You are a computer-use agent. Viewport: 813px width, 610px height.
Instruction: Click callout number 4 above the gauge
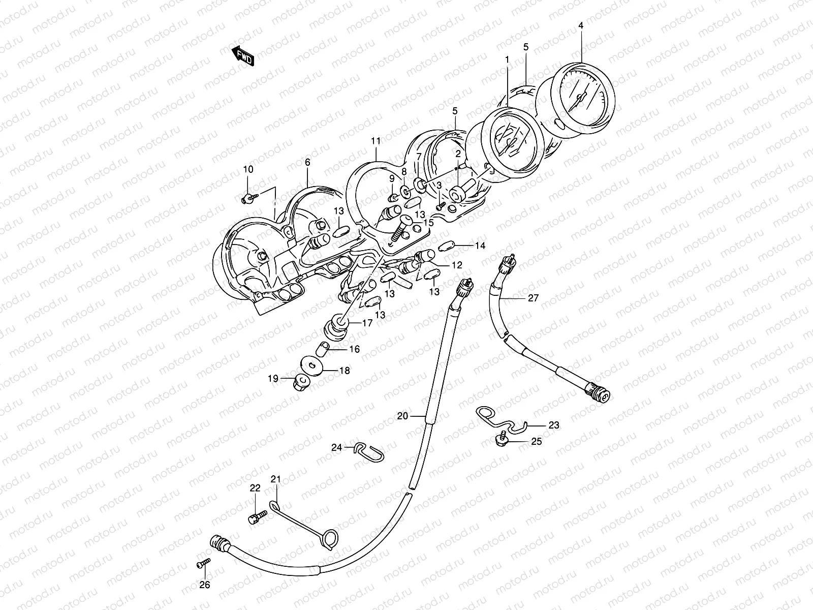[x=581, y=26]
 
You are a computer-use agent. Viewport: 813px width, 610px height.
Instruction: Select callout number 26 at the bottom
[x=204, y=585]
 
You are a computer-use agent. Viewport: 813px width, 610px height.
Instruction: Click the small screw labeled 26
[x=202, y=563]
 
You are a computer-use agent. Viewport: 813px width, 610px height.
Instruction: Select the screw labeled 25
[x=501, y=439]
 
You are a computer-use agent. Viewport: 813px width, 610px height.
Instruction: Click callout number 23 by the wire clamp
[x=553, y=425]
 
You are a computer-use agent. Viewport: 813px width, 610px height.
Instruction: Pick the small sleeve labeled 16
[x=322, y=349]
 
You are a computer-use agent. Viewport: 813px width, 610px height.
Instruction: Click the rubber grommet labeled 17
[x=335, y=326]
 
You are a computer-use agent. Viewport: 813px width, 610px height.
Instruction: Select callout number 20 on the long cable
[x=402, y=416]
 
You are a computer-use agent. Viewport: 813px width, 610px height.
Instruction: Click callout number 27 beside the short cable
[x=533, y=298]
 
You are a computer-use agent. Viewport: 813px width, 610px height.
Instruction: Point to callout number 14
[x=480, y=246]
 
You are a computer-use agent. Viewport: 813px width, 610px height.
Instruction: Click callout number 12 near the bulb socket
[x=456, y=265]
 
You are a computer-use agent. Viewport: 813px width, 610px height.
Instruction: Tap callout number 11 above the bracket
[x=376, y=140]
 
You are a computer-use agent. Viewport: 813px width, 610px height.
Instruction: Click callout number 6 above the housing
[x=307, y=162]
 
